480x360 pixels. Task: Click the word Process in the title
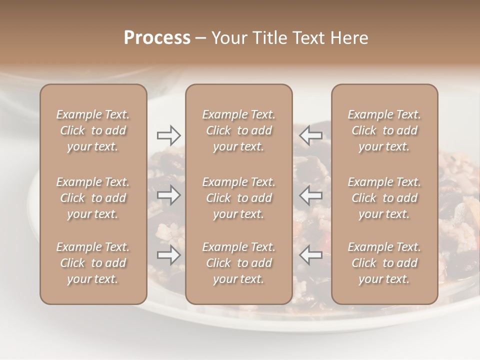tap(157, 38)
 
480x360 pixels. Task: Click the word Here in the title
tap(349, 38)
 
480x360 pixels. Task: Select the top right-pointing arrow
tap(169, 135)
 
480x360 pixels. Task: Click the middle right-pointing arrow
tap(169, 195)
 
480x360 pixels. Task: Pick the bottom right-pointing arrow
tap(169, 255)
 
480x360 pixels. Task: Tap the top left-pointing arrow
tap(311, 135)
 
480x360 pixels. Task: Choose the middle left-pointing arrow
tap(311, 195)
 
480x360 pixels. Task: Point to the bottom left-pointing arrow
tap(311, 255)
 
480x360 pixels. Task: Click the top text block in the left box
tap(93, 130)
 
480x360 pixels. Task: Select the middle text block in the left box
tap(93, 198)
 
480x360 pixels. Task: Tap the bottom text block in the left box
tap(93, 263)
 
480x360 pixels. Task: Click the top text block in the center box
tap(239, 130)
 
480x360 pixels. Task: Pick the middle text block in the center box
tap(239, 198)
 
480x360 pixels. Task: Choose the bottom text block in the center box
tap(239, 263)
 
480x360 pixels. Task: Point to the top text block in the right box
tap(384, 130)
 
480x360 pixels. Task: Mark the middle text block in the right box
tap(384, 198)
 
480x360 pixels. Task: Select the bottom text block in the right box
tap(384, 263)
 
